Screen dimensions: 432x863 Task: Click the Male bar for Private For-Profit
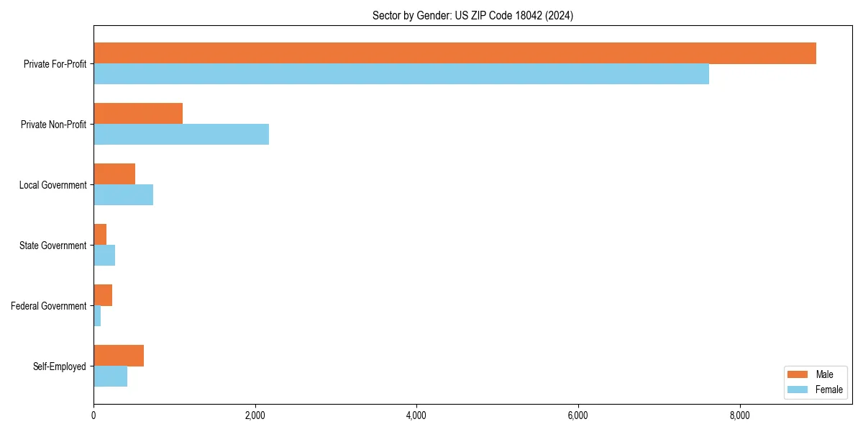(x=455, y=53)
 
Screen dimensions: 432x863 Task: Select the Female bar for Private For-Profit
(x=401, y=74)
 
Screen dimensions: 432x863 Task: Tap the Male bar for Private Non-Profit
(x=138, y=114)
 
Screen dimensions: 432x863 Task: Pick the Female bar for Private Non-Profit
(x=181, y=135)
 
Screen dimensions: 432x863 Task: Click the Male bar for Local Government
(x=114, y=174)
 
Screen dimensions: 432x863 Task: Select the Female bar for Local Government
(x=123, y=195)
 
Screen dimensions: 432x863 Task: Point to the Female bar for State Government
(x=104, y=256)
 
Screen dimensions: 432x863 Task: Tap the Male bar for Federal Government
(x=103, y=295)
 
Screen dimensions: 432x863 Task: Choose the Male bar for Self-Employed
(x=119, y=356)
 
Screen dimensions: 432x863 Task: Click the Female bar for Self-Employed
(x=110, y=377)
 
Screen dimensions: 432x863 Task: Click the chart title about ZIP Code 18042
(x=472, y=15)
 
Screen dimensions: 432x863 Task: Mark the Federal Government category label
(x=49, y=306)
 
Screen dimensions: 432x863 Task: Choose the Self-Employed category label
(x=60, y=366)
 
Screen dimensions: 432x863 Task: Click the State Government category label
(x=53, y=246)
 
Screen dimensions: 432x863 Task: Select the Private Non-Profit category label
(x=53, y=125)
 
